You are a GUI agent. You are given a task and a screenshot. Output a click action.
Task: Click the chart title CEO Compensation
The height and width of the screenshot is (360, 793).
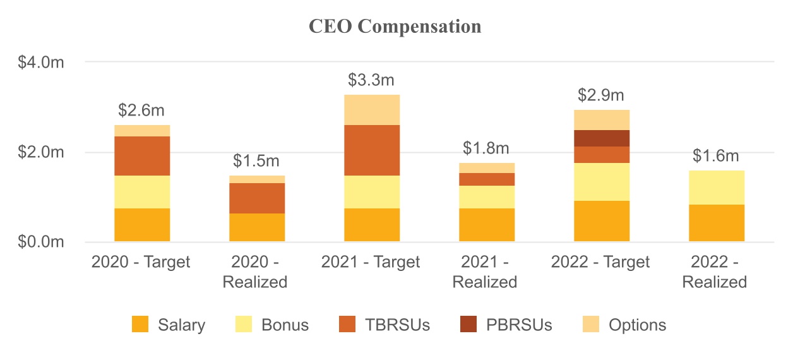click(395, 27)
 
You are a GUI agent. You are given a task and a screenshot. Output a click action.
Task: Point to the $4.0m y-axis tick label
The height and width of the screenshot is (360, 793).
click(41, 63)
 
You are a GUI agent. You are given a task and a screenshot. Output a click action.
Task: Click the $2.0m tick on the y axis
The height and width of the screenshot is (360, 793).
click(41, 152)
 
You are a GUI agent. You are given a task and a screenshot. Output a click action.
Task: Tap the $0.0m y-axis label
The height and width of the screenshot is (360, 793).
click(41, 243)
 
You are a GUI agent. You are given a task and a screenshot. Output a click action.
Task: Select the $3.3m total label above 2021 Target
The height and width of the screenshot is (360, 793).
click(371, 80)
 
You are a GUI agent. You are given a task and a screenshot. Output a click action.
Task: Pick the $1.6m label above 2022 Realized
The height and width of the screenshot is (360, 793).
click(716, 156)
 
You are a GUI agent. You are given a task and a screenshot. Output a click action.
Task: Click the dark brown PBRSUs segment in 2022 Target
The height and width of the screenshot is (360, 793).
click(601, 138)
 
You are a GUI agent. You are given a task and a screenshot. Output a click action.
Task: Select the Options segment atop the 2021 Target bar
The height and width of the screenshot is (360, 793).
click(371, 110)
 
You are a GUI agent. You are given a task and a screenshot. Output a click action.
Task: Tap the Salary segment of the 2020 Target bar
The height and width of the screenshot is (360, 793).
click(141, 225)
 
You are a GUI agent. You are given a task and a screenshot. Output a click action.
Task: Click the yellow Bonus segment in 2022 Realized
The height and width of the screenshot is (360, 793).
click(716, 188)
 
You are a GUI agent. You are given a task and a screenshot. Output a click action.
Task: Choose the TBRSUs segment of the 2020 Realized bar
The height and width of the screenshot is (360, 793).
click(256, 198)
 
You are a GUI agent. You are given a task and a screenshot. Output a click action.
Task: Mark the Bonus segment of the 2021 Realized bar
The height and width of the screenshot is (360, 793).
click(486, 197)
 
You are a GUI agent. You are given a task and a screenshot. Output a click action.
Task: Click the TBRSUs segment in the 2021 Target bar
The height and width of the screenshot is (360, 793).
click(371, 150)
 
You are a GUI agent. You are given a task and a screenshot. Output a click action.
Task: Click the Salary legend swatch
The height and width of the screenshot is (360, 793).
click(140, 325)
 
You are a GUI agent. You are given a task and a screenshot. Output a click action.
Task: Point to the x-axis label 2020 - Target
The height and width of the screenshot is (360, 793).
click(141, 262)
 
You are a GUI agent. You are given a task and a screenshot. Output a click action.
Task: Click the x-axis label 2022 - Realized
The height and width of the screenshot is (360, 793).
click(715, 272)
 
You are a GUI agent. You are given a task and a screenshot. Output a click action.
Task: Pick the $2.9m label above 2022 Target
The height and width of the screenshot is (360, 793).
click(601, 95)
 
